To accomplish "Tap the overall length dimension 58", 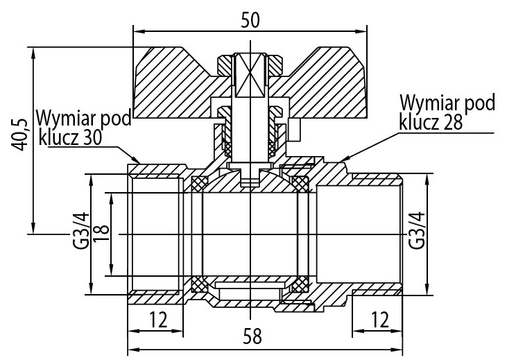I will pos(254,336).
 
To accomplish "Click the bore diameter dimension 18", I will pos(102,234).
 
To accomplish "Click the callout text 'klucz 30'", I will pos(70,136).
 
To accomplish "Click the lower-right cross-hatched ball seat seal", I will pos(301,283).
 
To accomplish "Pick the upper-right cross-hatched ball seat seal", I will pos(301,183).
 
